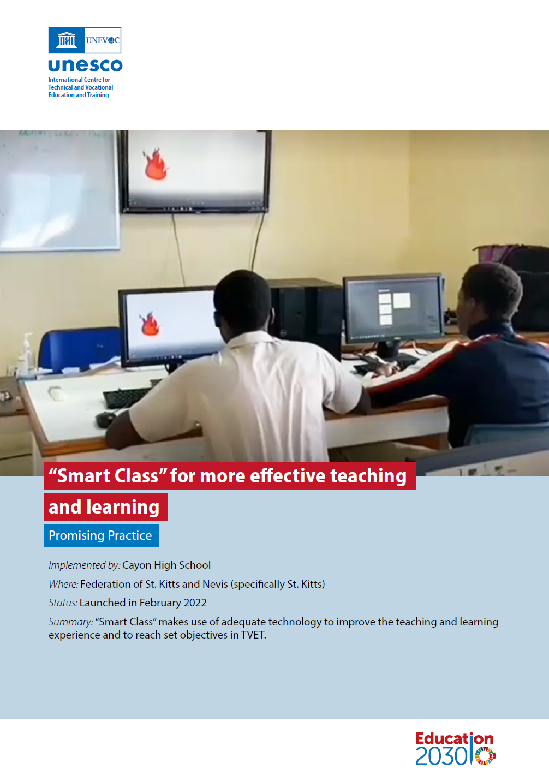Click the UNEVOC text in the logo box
[x=103, y=40]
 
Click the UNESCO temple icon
[x=66, y=40]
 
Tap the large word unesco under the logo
[x=85, y=65]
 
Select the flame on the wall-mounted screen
[x=156, y=164]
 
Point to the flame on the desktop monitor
[x=150, y=323]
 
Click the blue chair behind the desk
[x=80, y=349]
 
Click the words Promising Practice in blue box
[x=100, y=535]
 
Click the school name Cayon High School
[x=166, y=565]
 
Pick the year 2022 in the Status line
[x=195, y=603]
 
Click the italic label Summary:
[x=71, y=622]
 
